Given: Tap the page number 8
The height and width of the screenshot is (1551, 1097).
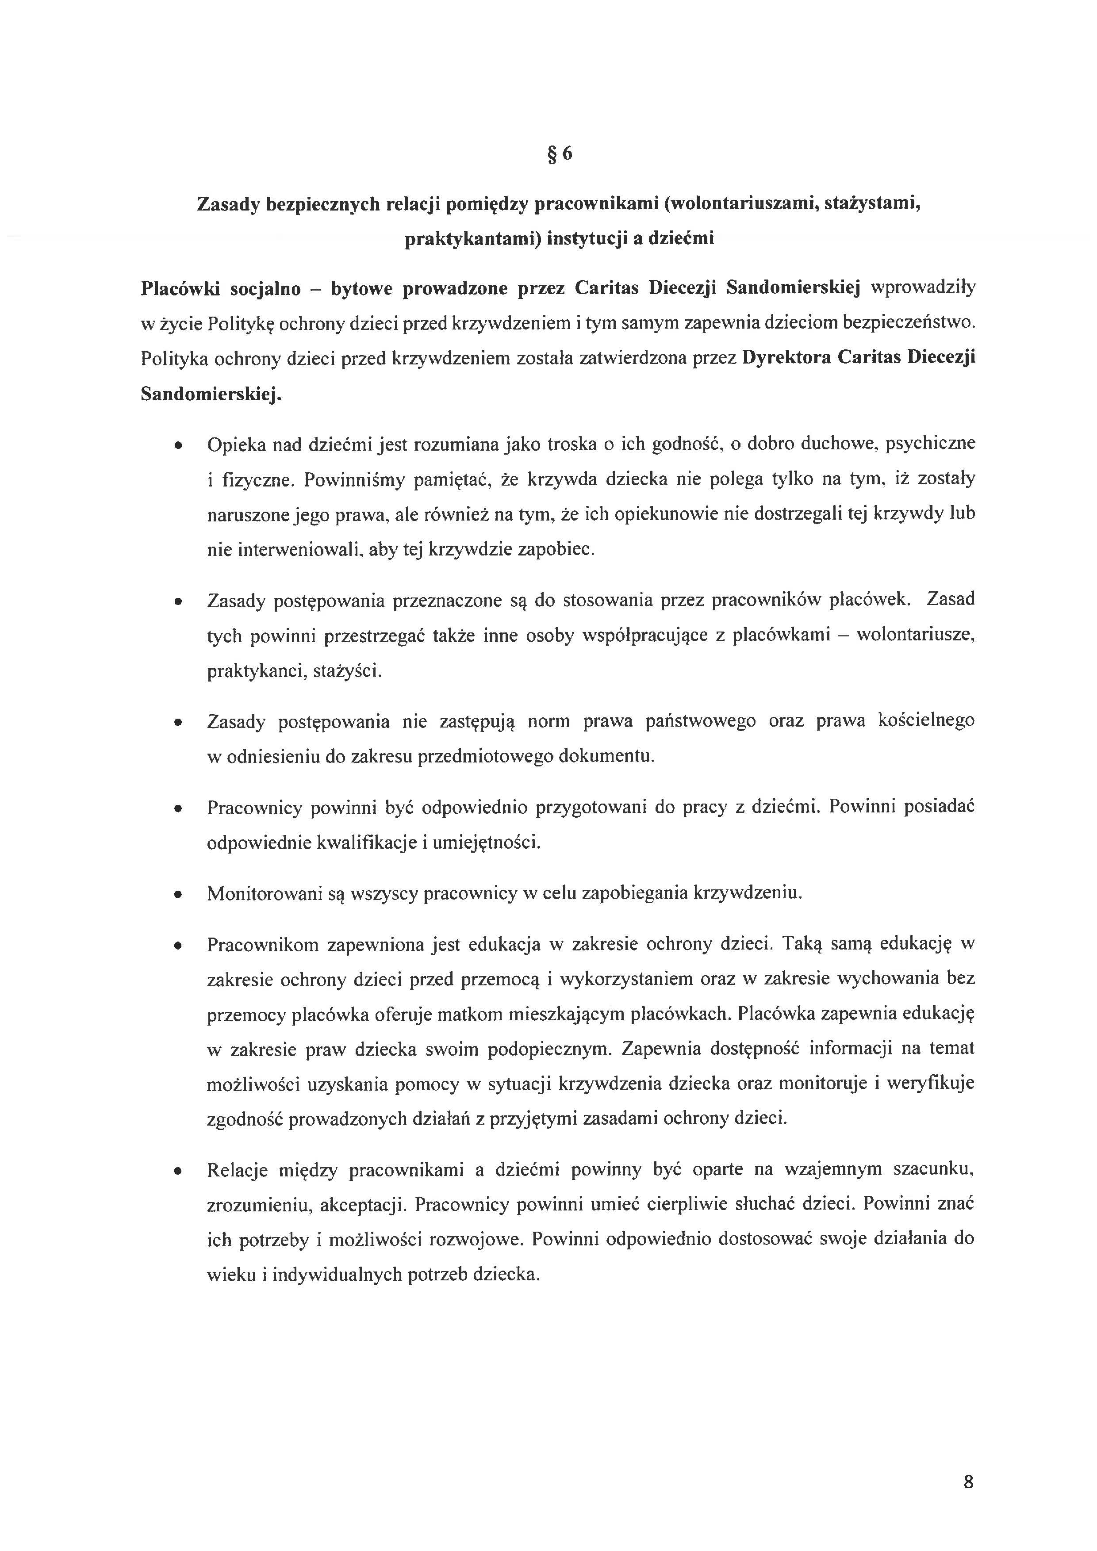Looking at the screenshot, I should tap(968, 1482).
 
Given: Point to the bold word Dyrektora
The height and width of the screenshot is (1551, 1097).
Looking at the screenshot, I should tap(786, 358).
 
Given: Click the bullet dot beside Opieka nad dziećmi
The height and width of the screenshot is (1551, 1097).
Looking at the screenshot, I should tap(178, 447).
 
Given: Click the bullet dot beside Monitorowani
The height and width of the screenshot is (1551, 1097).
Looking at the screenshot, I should tap(178, 895).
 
